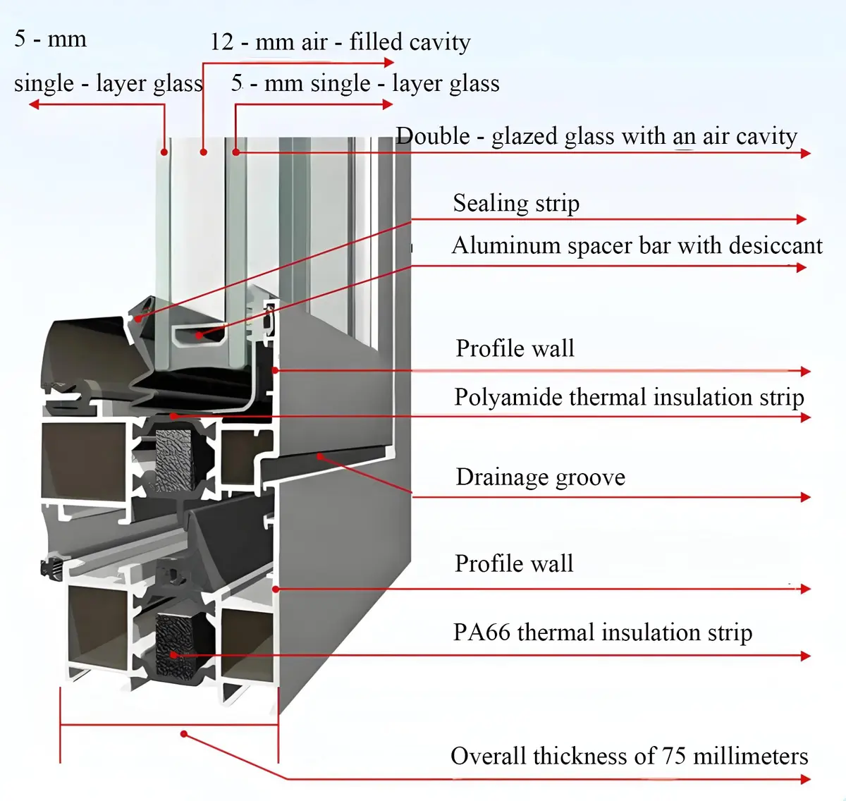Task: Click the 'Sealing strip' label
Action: (x=516, y=203)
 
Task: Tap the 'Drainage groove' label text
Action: (x=541, y=477)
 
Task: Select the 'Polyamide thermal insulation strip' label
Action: (x=629, y=397)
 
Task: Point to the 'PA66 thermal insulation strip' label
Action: (x=603, y=632)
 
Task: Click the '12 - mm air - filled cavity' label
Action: (x=341, y=42)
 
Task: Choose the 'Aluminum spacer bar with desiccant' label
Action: (x=637, y=245)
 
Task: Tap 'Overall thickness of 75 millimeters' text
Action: (x=629, y=756)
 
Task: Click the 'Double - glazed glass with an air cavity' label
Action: (x=596, y=137)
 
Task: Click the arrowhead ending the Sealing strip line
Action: (x=802, y=219)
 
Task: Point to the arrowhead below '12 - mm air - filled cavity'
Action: (x=389, y=63)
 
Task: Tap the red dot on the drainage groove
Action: (x=320, y=456)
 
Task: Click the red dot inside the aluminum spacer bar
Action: (x=198, y=335)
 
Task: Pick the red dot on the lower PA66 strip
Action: (x=173, y=655)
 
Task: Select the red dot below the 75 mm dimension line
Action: (x=184, y=734)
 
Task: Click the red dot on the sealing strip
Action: (x=137, y=319)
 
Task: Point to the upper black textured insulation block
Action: (x=173, y=460)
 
